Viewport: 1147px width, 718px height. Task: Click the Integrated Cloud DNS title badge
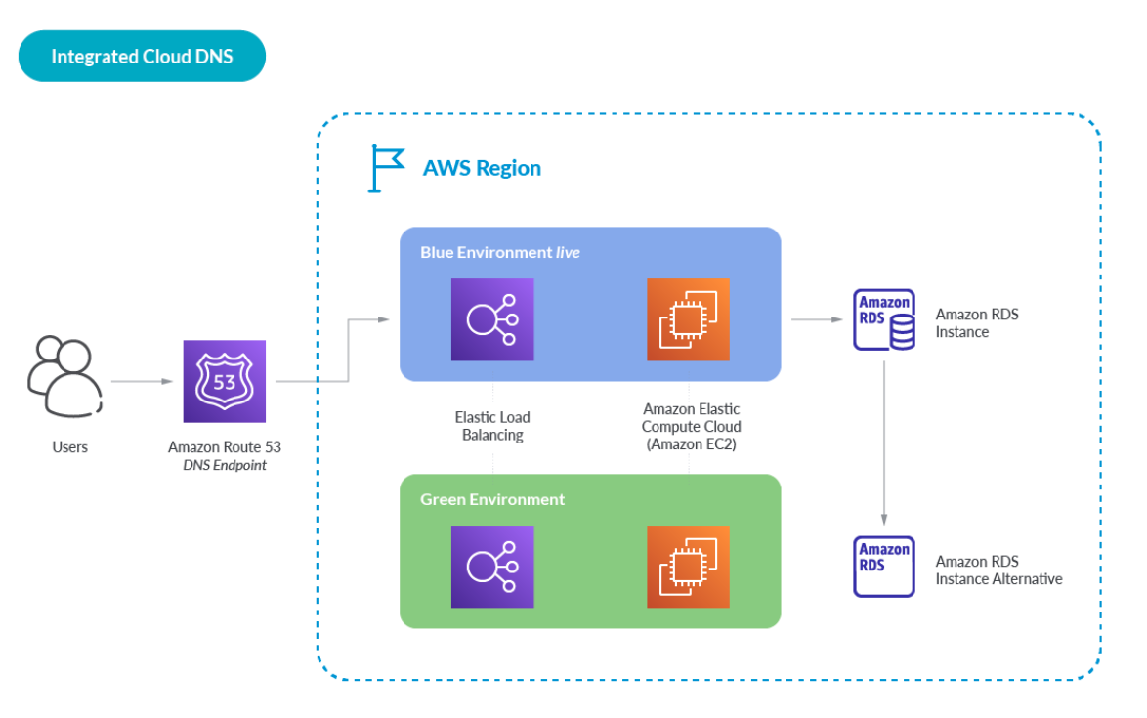(x=142, y=57)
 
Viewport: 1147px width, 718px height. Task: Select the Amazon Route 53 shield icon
(x=225, y=381)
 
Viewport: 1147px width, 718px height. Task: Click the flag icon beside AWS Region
(x=386, y=168)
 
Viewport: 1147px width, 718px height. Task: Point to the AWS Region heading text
(x=482, y=168)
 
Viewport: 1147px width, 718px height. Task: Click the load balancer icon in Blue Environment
(x=492, y=319)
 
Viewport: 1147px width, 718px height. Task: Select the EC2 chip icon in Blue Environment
(x=688, y=319)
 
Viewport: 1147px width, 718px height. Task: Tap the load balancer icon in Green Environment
(x=492, y=567)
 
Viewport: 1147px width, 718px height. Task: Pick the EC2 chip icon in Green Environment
(x=688, y=567)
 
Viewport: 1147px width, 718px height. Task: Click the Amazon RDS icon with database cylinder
(x=885, y=318)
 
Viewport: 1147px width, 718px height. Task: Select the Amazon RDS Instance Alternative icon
(x=884, y=567)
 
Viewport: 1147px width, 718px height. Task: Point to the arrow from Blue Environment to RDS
(x=815, y=319)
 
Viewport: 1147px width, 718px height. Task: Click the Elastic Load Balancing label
(x=492, y=426)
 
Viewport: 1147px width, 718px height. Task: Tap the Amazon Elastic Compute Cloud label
(x=692, y=426)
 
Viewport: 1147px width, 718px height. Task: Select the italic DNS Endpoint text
(x=225, y=465)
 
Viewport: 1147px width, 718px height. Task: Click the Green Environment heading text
(x=492, y=499)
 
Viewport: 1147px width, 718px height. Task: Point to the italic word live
(x=568, y=252)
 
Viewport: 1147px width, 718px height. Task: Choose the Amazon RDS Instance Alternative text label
(x=998, y=570)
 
